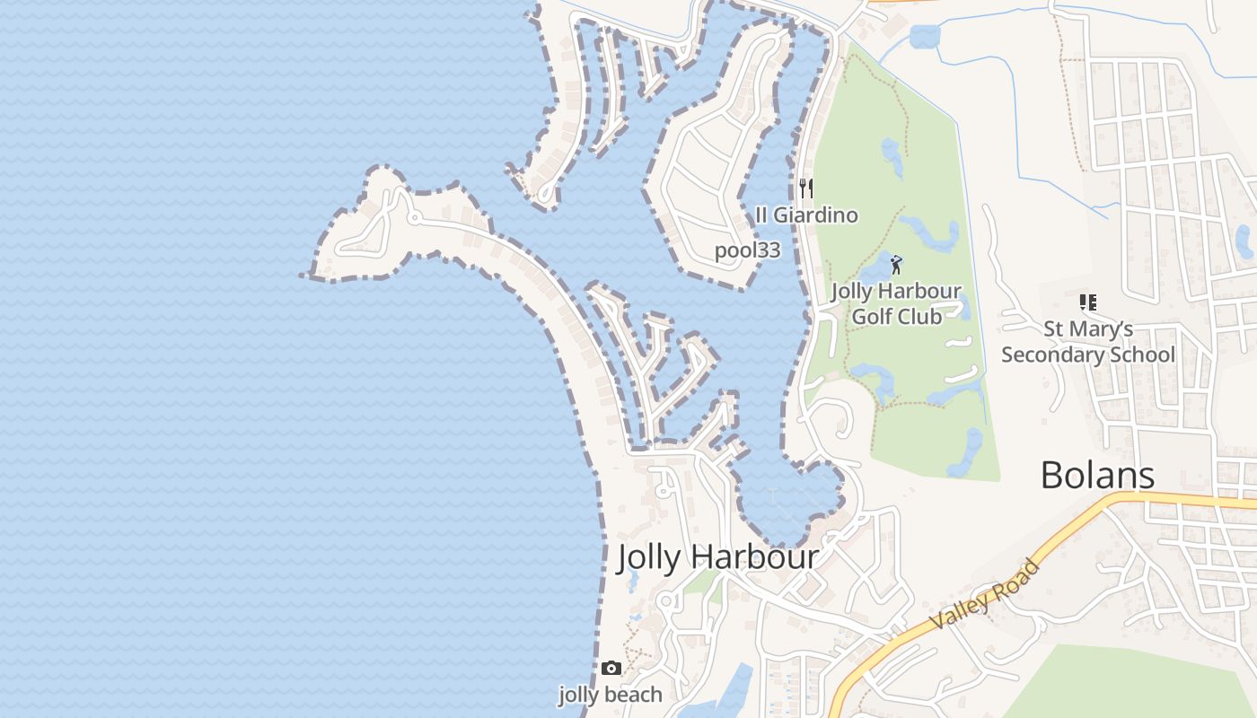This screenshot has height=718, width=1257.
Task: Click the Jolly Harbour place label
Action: (x=717, y=557)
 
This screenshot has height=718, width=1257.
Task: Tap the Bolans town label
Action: (x=1097, y=475)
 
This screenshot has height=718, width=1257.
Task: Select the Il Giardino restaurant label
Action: (x=806, y=215)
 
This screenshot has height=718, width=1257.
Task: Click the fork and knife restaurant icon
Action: (x=806, y=188)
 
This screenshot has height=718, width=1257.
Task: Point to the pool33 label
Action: (x=747, y=250)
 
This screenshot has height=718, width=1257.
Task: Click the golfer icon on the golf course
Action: (x=895, y=265)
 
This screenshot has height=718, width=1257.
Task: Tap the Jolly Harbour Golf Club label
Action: (x=896, y=303)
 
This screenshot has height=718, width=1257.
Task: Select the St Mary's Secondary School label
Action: (x=1087, y=342)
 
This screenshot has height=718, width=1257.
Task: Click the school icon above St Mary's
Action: (x=1087, y=302)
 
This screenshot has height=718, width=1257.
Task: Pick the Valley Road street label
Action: (x=985, y=594)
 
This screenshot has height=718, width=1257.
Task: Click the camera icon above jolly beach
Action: (x=611, y=668)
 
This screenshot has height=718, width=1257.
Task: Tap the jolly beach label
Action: (x=611, y=695)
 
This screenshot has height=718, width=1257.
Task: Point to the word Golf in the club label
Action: (x=871, y=316)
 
